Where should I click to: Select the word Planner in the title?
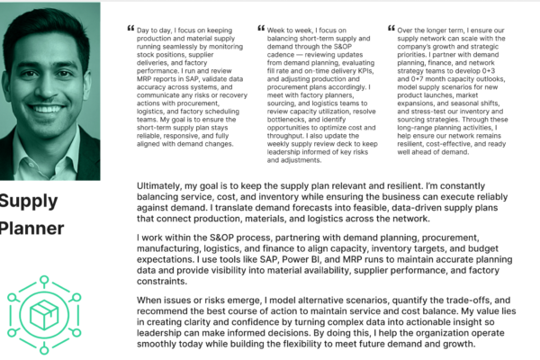[x=32, y=229]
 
